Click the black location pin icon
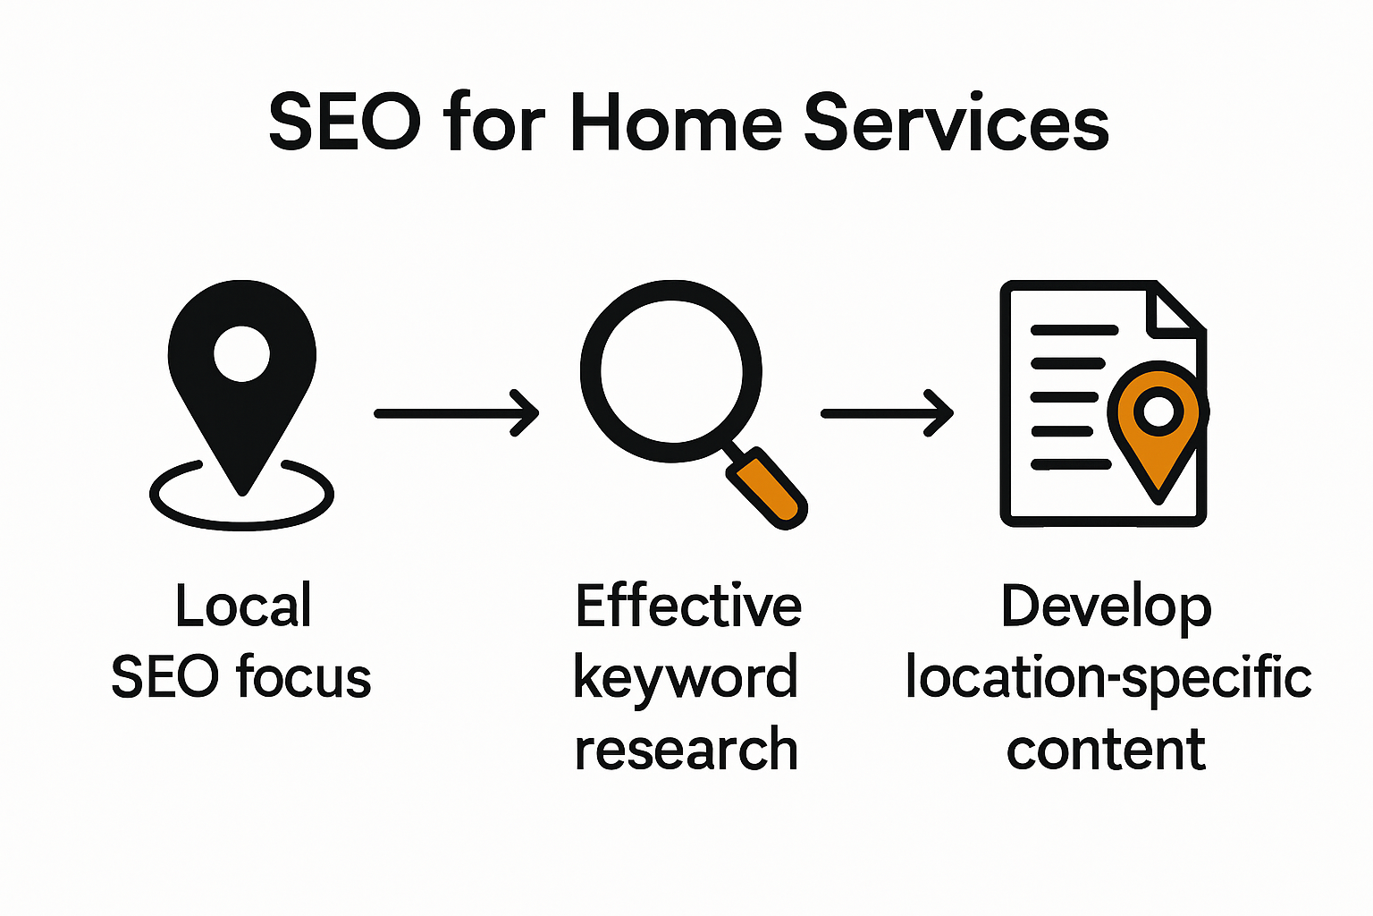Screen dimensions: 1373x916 [242, 386]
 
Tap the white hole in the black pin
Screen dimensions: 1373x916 [241, 354]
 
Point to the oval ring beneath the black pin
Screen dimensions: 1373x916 [241, 524]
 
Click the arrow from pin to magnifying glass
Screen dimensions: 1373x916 [457, 413]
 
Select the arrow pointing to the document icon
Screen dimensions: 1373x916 [887, 413]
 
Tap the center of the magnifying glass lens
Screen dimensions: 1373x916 [672, 370]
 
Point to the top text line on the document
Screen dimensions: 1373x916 [1074, 330]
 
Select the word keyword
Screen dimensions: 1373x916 [686, 679]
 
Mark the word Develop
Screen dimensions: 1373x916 [1107, 607]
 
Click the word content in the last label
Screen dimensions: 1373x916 [1106, 749]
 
